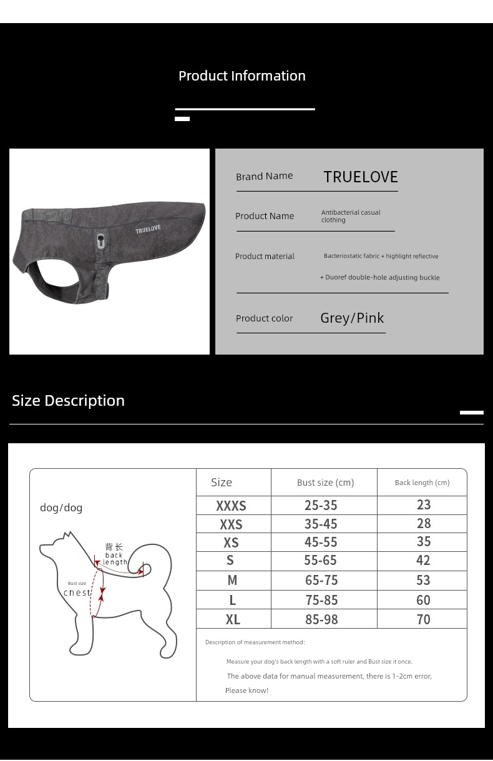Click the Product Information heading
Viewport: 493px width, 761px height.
pyautogui.click(x=242, y=76)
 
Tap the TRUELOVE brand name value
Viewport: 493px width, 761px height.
pyautogui.click(x=360, y=177)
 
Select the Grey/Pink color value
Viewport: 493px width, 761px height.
pyautogui.click(x=352, y=318)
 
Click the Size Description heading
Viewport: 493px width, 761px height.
pyautogui.click(x=68, y=401)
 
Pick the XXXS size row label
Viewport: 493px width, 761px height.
pyautogui.click(x=231, y=506)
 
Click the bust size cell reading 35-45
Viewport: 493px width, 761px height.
pyautogui.click(x=321, y=524)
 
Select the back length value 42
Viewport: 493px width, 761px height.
pyautogui.click(x=423, y=561)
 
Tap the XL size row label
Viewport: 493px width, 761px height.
pyautogui.click(x=233, y=620)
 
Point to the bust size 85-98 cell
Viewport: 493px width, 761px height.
pyautogui.click(x=321, y=619)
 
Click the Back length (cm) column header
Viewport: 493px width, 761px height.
pyautogui.click(x=422, y=483)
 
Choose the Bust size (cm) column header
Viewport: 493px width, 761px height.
pyautogui.click(x=325, y=483)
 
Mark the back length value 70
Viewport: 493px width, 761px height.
pyautogui.click(x=423, y=619)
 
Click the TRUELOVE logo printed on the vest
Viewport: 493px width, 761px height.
pyautogui.click(x=148, y=229)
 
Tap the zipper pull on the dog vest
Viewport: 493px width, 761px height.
pyautogui.click(x=101, y=240)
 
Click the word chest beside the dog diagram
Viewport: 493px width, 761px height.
pyautogui.click(x=77, y=593)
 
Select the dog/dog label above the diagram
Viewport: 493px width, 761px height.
pyautogui.click(x=61, y=508)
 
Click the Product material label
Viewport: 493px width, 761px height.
pyautogui.click(x=265, y=257)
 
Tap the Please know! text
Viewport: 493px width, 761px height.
pyautogui.click(x=246, y=690)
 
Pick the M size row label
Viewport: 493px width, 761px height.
pyautogui.click(x=232, y=581)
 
